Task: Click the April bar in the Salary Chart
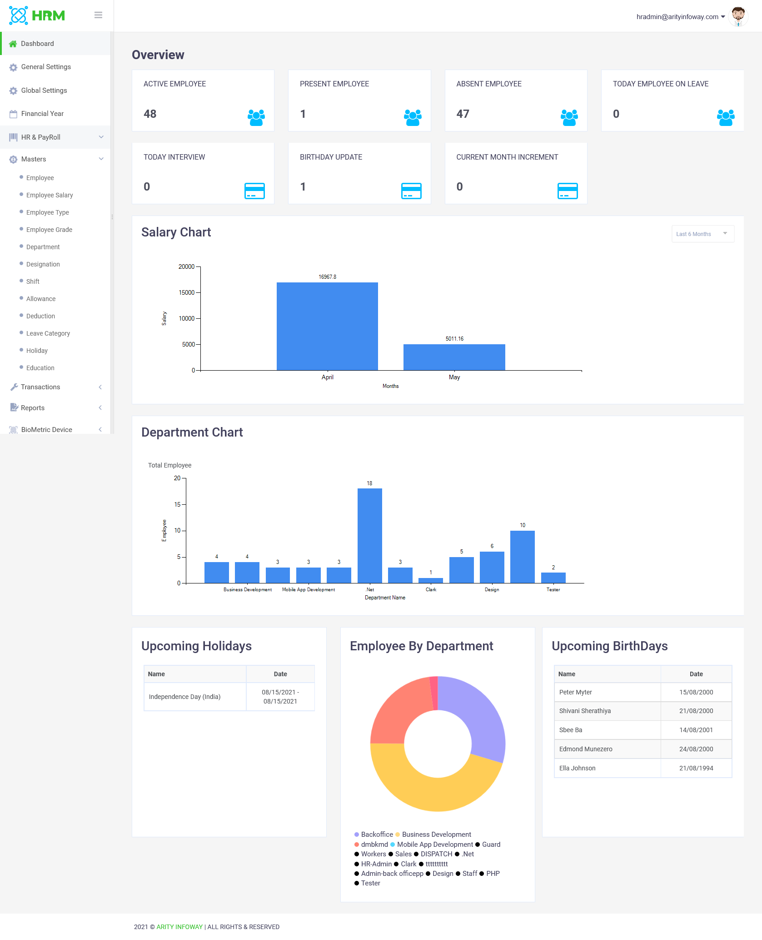(x=327, y=326)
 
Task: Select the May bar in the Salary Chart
(x=454, y=357)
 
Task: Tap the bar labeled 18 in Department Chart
(x=370, y=535)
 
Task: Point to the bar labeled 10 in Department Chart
(x=523, y=557)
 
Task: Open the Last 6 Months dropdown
(x=703, y=234)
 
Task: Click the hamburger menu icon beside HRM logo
(x=98, y=15)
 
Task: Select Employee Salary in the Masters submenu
(x=50, y=195)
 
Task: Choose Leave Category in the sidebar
(x=48, y=333)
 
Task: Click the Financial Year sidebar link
(x=42, y=114)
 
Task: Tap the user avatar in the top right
(x=738, y=16)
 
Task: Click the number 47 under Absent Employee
(x=463, y=114)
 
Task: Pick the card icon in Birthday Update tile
(x=411, y=191)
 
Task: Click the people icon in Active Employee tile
(x=256, y=117)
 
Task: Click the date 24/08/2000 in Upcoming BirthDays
(x=696, y=749)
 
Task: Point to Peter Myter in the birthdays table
(x=576, y=692)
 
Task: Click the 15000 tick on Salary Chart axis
(x=187, y=292)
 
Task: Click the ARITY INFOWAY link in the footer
(x=179, y=927)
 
